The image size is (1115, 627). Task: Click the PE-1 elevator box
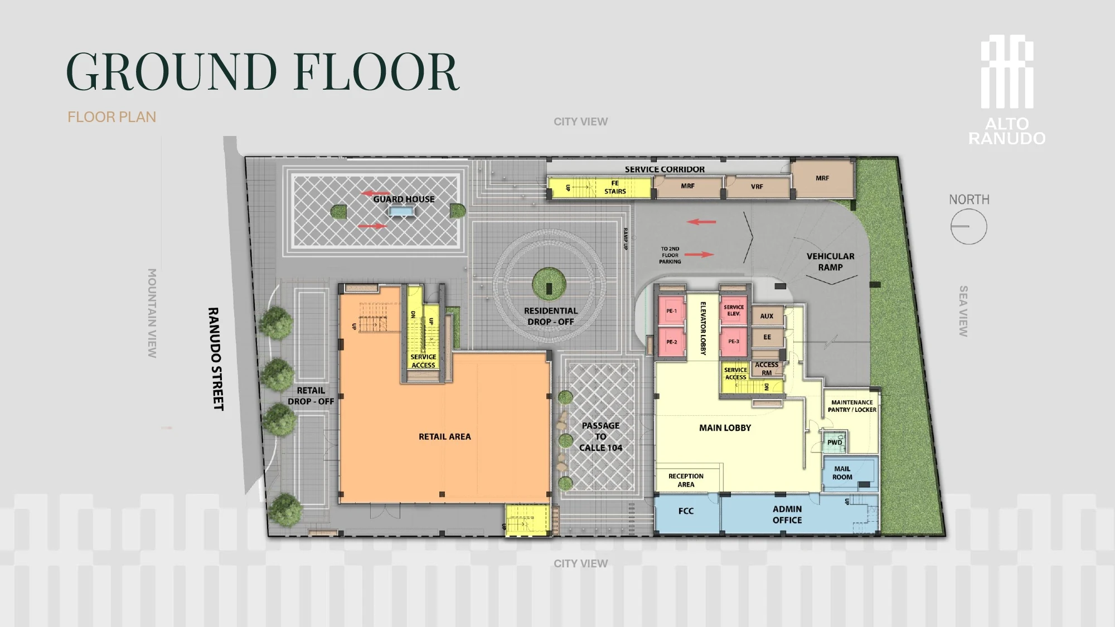[x=671, y=311]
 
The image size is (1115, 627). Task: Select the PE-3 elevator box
[x=734, y=342]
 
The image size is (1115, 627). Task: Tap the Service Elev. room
[x=734, y=310]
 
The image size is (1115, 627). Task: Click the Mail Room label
[x=842, y=473]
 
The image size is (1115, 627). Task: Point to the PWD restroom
[x=835, y=442]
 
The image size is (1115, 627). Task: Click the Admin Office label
[x=787, y=514]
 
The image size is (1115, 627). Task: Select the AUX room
[x=767, y=316]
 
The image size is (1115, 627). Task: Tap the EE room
[x=767, y=337]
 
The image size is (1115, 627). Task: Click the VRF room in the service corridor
[x=757, y=187]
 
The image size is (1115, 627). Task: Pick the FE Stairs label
[x=615, y=187]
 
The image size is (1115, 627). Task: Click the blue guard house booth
[x=401, y=211]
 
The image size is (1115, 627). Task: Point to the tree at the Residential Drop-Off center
[x=549, y=284]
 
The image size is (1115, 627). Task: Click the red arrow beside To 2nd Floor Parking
[x=699, y=255]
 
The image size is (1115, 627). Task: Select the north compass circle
[x=969, y=226]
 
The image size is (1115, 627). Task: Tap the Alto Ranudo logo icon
[x=1007, y=72]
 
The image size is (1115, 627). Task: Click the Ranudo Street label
[x=216, y=359]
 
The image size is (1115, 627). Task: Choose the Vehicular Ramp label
[x=830, y=262]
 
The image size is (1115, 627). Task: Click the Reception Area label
[x=686, y=480]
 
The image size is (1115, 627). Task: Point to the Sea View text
[x=963, y=311]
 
